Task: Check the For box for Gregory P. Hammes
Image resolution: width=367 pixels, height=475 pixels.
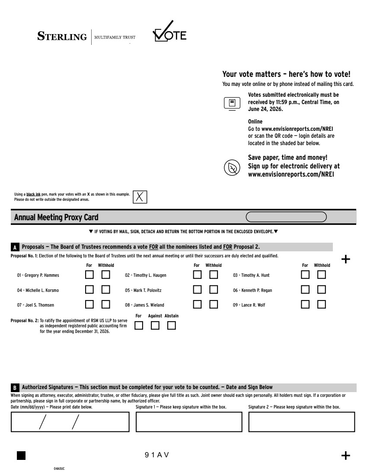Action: coord(89,275)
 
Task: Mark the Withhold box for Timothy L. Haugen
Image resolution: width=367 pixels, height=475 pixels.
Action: coord(214,275)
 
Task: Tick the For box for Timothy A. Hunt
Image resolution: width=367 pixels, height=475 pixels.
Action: coord(305,275)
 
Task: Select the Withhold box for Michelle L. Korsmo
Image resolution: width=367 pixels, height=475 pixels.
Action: coord(105,290)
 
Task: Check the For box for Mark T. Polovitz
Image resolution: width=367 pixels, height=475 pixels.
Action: coord(197,290)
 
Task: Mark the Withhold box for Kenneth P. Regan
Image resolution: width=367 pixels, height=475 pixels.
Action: coord(321,290)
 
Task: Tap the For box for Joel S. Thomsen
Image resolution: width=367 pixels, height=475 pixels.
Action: coord(89,304)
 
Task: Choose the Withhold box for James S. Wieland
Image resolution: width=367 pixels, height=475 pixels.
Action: coord(214,304)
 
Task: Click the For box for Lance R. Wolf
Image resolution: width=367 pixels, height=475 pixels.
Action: coord(305,304)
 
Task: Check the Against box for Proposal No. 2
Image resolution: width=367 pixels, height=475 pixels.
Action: coord(155,326)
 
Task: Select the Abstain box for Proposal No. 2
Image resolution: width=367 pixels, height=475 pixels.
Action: coord(172,326)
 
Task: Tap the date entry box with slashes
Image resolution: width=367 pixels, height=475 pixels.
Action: coord(70,422)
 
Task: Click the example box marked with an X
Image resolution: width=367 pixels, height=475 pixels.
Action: coord(140,196)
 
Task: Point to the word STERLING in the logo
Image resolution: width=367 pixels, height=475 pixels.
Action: coord(62,37)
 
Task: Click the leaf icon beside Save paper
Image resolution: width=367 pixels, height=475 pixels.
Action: coord(232,168)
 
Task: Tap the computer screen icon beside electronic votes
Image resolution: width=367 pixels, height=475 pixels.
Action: coord(232,103)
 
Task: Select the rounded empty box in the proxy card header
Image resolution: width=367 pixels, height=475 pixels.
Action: coord(286,217)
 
